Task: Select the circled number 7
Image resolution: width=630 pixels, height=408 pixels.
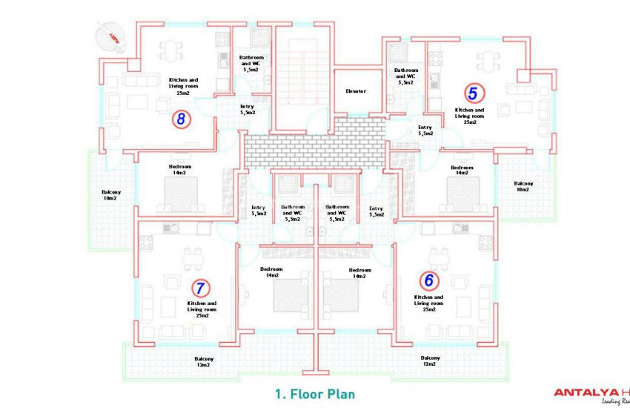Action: (x=199, y=287)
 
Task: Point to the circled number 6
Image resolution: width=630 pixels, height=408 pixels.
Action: (x=428, y=280)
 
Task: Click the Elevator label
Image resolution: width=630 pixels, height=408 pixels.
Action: (x=356, y=91)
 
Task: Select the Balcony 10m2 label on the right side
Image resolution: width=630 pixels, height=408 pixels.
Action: (x=523, y=186)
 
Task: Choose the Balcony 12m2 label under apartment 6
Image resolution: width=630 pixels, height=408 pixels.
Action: (x=430, y=361)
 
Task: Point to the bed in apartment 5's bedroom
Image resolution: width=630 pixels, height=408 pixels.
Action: (x=462, y=195)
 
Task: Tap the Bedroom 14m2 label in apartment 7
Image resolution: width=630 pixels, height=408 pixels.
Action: (x=271, y=272)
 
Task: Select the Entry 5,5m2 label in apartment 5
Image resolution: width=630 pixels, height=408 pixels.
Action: (x=425, y=131)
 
